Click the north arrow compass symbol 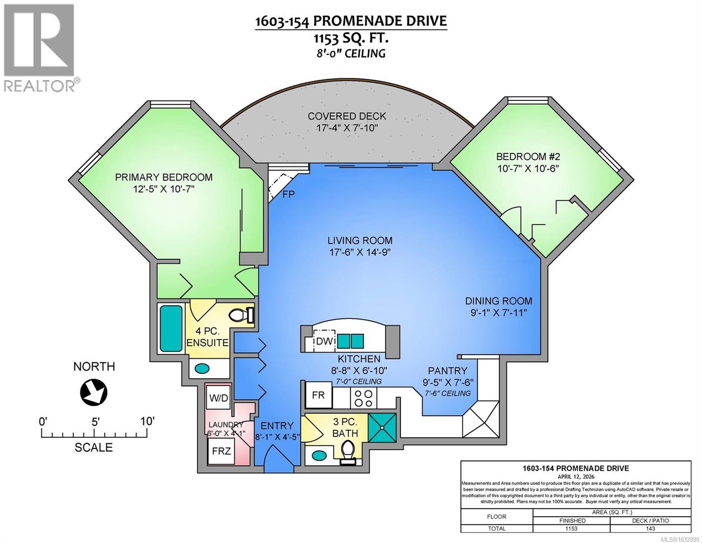click(94, 391)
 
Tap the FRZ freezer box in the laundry click(221, 451)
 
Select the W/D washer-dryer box click(218, 398)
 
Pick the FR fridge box click(319, 395)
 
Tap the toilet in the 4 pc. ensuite click(240, 314)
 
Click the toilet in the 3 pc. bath click(347, 452)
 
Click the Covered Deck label click(347, 116)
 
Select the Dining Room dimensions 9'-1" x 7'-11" click(499, 313)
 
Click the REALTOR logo click(40, 48)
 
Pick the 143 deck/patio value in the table click(650, 529)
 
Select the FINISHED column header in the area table click(571, 520)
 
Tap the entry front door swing click(276, 458)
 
